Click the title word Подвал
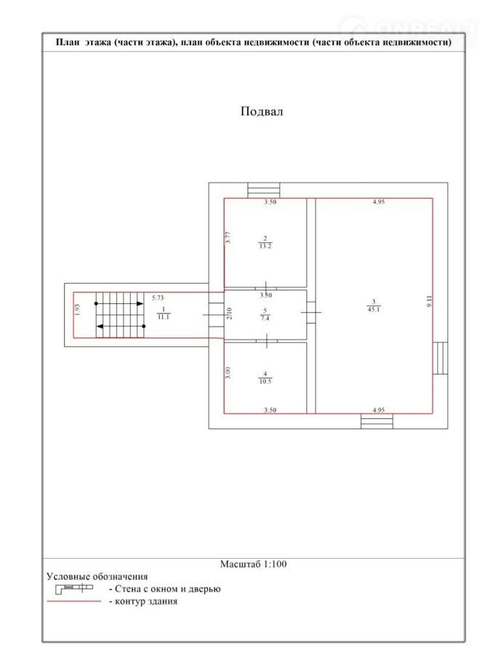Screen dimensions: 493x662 [x=262, y=111]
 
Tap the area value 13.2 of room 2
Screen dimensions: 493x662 [x=265, y=246]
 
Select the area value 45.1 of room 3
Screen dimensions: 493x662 [x=374, y=309]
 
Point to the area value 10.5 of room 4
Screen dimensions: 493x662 [x=265, y=381]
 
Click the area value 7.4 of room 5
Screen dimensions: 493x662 [x=265, y=319]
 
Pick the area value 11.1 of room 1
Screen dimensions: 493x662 [x=164, y=316]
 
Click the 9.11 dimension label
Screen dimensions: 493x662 [x=430, y=301]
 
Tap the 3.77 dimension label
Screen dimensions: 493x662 [x=228, y=238]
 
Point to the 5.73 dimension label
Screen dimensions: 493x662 [x=158, y=298]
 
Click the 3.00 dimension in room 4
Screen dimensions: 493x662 [x=228, y=372]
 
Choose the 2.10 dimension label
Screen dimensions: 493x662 [x=229, y=314]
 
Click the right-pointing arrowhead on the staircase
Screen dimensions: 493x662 [x=140, y=303]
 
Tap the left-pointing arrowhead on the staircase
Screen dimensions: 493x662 [x=100, y=327]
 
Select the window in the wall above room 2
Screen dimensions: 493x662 [x=264, y=191]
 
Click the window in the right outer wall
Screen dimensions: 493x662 [x=440, y=358]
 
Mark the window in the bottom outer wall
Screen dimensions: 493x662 [x=377, y=421]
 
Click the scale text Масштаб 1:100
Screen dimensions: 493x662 [x=253, y=564]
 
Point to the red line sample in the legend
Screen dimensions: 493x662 [x=74, y=601]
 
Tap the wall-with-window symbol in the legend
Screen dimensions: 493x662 [x=74, y=589]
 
